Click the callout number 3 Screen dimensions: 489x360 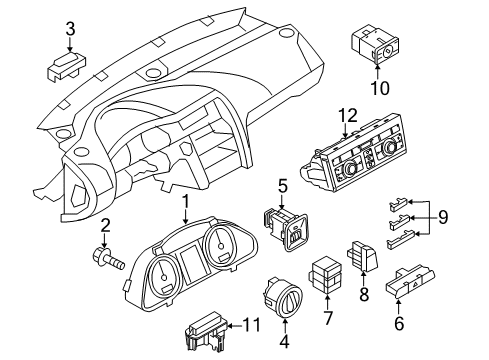pos(70,29)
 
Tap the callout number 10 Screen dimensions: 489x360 pos(380,88)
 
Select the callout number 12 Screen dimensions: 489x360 pos(348,115)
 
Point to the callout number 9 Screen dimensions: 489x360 pos(443,218)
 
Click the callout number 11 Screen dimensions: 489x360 pos(251,325)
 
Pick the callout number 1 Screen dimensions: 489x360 pos(185,202)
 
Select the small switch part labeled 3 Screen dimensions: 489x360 pos(65,66)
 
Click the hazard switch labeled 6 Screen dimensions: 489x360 pos(410,281)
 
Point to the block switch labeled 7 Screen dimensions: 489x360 pos(326,274)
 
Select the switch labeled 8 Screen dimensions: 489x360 pos(363,255)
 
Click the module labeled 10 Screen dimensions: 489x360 pos(375,44)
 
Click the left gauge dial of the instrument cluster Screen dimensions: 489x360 pos(164,276)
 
